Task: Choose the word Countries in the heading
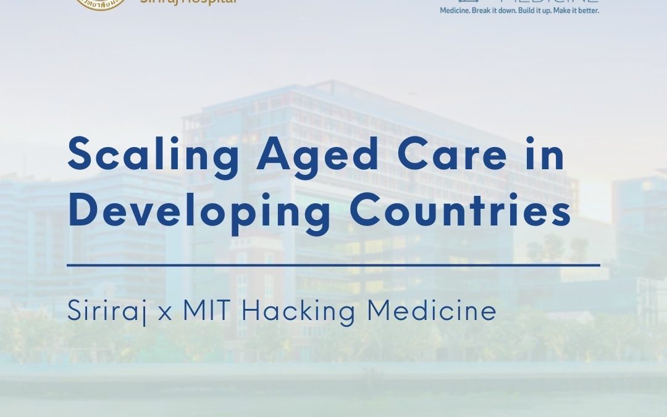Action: (x=460, y=209)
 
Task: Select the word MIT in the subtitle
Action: (x=207, y=310)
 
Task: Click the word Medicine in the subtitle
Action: (x=432, y=310)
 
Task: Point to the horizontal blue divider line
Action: (x=333, y=265)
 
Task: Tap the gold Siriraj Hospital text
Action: (x=188, y=2)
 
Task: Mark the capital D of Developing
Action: (x=84, y=209)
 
